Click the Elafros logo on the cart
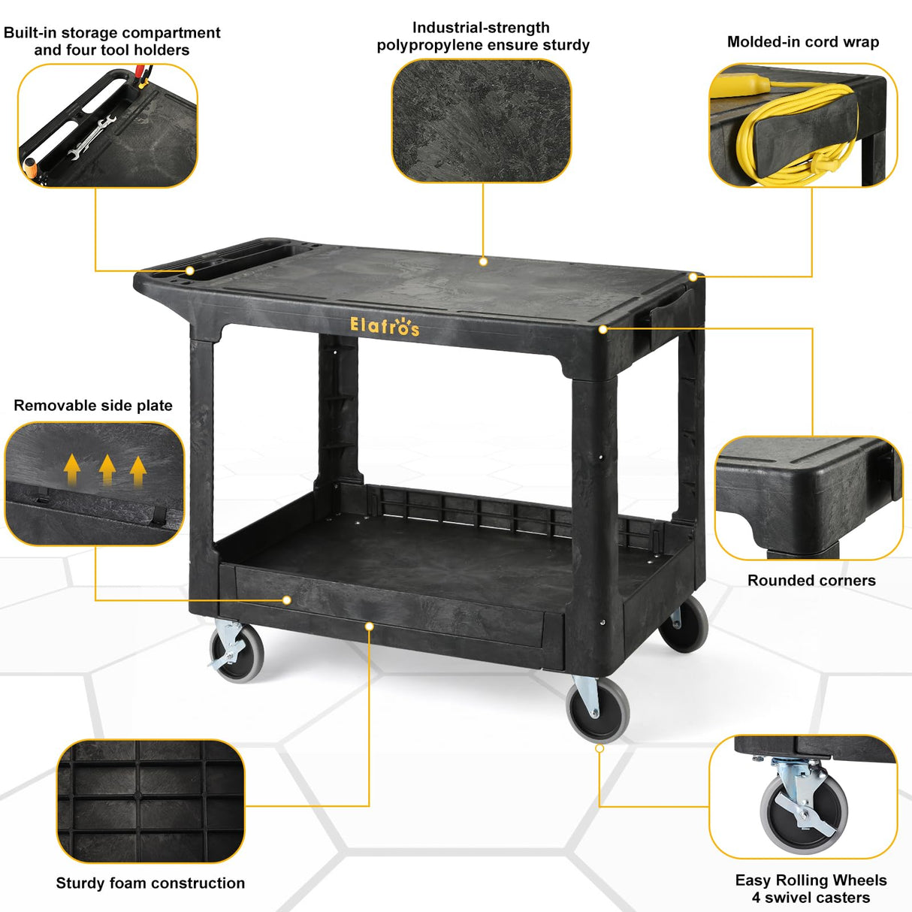coord(385,326)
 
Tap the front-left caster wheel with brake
coord(237,652)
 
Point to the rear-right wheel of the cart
coord(684,623)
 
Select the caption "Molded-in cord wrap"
coord(802,42)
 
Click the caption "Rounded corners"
coord(811,581)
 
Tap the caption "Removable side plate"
coord(93,406)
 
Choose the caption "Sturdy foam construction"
coord(150,883)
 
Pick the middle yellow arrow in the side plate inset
coord(107,469)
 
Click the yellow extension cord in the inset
coord(796,135)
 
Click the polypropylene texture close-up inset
coord(482,121)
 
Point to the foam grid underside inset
coord(151,801)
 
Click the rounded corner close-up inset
coord(808,498)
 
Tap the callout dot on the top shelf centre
coord(483,261)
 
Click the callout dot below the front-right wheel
coord(599,748)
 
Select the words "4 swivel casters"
coord(811,898)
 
